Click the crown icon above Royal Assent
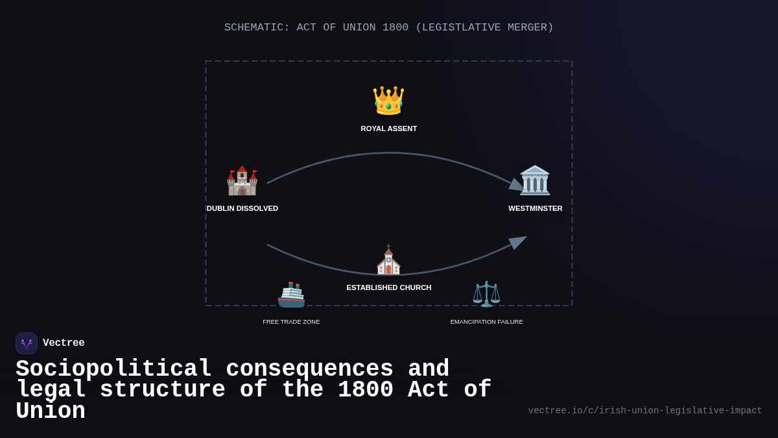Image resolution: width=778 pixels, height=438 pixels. (x=388, y=101)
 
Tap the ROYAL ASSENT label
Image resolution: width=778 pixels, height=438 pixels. (x=389, y=128)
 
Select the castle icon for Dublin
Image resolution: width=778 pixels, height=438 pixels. (x=242, y=180)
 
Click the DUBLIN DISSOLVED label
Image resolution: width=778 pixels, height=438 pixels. (x=242, y=208)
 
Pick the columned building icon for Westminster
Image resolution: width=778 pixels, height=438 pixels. (x=535, y=180)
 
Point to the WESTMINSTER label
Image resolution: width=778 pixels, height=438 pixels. (x=536, y=208)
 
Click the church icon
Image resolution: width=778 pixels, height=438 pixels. (x=388, y=260)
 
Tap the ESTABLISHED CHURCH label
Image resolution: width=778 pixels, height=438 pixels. (x=389, y=287)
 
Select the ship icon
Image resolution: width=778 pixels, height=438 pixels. (x=291, y=295)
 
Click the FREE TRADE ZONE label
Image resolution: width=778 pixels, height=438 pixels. (x=291, y=322)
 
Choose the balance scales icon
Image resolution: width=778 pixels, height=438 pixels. (x=486, y=294)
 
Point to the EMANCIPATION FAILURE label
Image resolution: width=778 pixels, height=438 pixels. (x=486, y=322)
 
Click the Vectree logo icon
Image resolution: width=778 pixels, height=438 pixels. (x=27, y=343)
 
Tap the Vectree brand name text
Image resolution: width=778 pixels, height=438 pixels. (x=64, y=343)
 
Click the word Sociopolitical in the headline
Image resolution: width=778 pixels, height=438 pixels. (x=113, y=369)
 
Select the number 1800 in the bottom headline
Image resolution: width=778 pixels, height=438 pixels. (x=365, y=390)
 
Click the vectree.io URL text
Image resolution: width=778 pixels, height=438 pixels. (x=645, y=411)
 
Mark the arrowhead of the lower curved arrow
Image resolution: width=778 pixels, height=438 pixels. (x=519, y=241)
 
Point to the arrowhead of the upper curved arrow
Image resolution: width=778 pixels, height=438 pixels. (x=517, y=186)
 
